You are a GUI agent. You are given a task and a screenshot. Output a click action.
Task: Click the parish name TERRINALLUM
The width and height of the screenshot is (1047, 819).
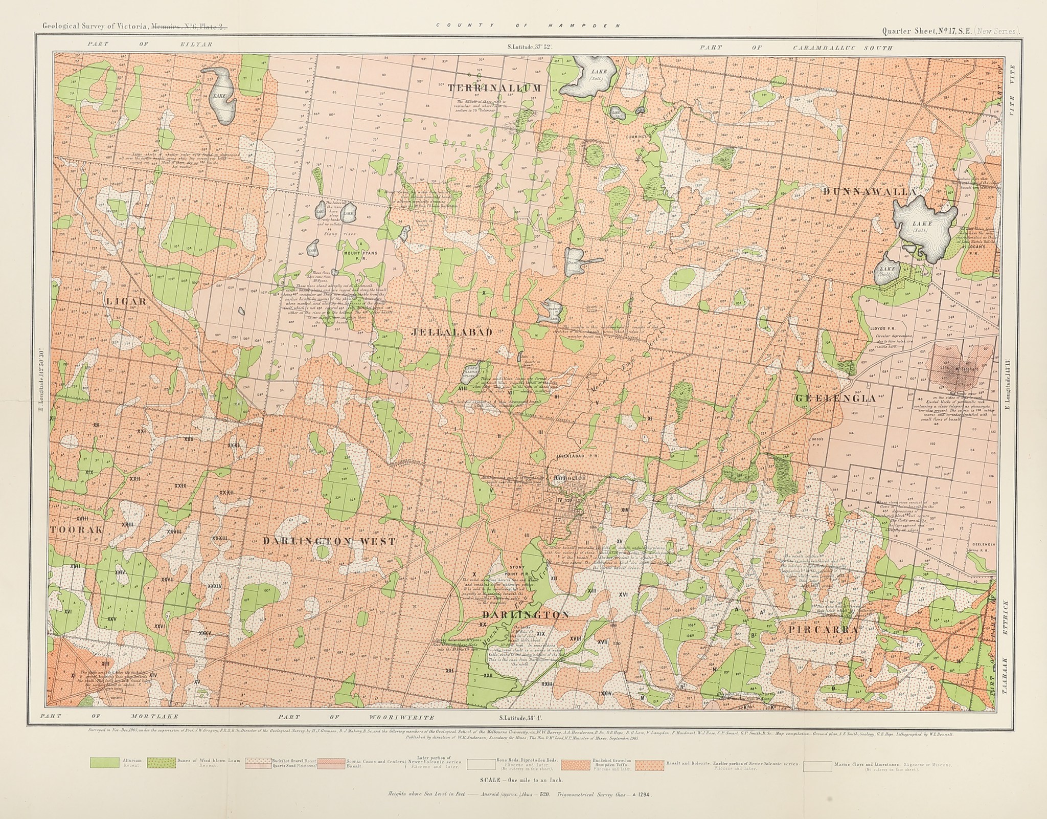pyautogui.click(x=494, y=88)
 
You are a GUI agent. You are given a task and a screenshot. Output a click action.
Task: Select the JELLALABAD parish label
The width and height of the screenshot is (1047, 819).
pyautogui.click(x=451, y=333)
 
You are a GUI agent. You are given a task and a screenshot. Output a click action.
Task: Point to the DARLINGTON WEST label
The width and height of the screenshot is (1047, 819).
pyautogui.click(x=329, y=541)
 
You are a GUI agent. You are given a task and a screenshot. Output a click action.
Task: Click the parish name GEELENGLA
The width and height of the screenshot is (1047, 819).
pyautogui.click(x=835, y=398)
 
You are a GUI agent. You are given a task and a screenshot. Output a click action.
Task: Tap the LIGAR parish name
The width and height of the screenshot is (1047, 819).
pyautogui.click(x=126, y=301)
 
